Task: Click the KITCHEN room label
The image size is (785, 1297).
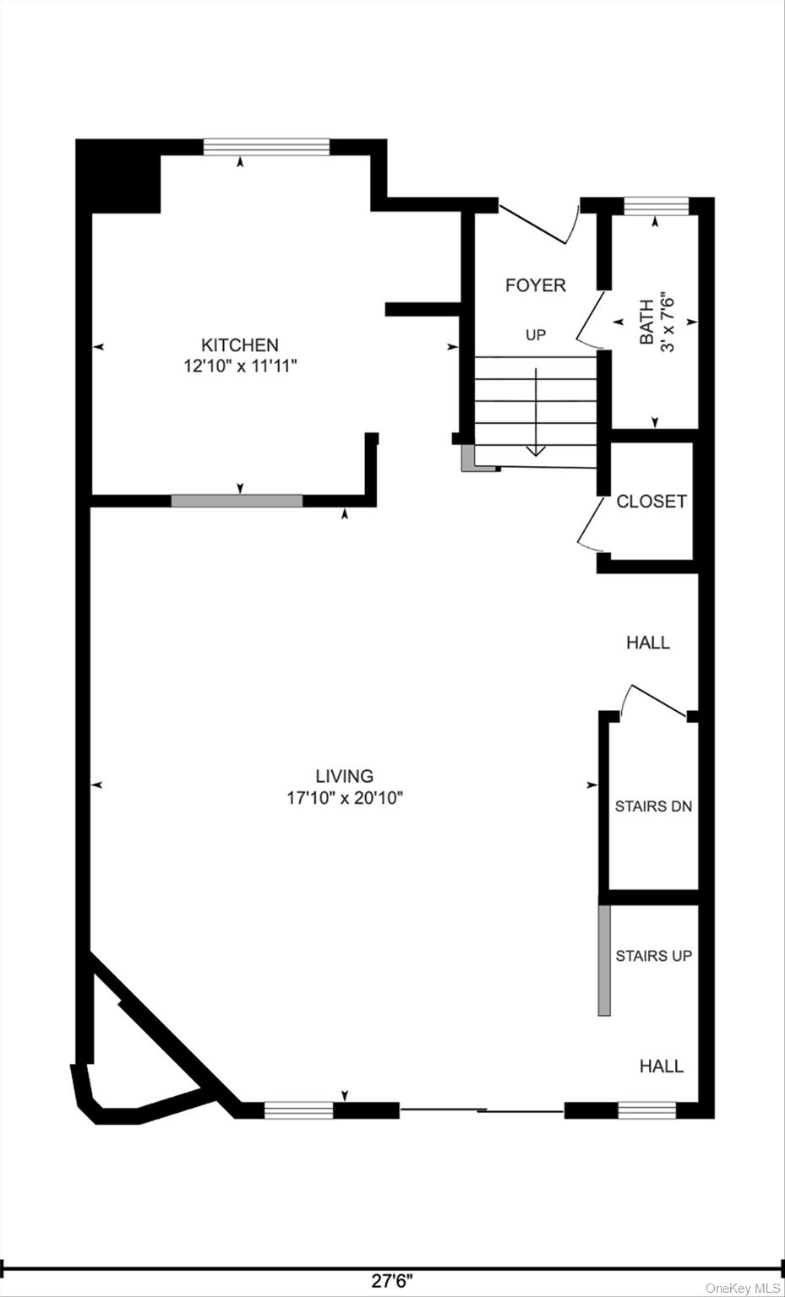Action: [239, 345]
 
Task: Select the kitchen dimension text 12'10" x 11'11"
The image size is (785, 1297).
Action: [239, 366]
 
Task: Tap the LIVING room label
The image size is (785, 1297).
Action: [344, 775]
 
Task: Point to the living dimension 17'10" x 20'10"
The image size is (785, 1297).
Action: [344, 798]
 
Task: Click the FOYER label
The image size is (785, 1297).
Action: [535, 285]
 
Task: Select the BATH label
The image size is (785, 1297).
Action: [646, 322]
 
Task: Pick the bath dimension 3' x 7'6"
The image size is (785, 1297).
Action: [668, 322]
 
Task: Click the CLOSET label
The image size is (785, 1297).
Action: [651, 502]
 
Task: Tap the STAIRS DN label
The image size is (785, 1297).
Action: [653, 806]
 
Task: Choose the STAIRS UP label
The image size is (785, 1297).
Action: [653, 956]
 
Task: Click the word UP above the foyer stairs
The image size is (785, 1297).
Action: [536, 335]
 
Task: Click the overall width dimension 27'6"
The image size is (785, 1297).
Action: [392, 1281]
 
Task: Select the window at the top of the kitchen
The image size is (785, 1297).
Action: [266, 147]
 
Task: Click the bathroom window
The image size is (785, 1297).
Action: [656, 206]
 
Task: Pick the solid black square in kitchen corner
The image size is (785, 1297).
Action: [118, 176]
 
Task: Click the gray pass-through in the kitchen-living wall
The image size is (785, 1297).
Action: [237, 501]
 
